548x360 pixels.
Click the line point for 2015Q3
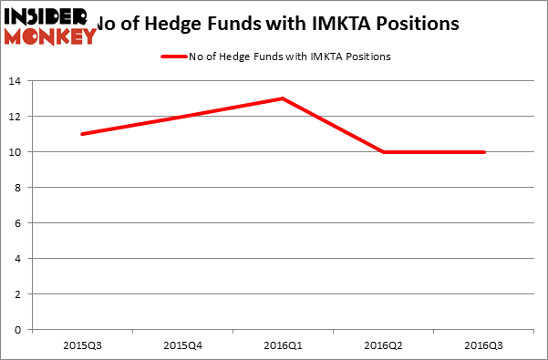82,134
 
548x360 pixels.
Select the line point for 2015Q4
182,116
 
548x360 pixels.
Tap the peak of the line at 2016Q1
284,98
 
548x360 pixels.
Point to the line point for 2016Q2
384,152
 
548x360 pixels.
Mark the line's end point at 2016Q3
484,152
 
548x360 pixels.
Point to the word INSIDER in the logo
44,15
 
